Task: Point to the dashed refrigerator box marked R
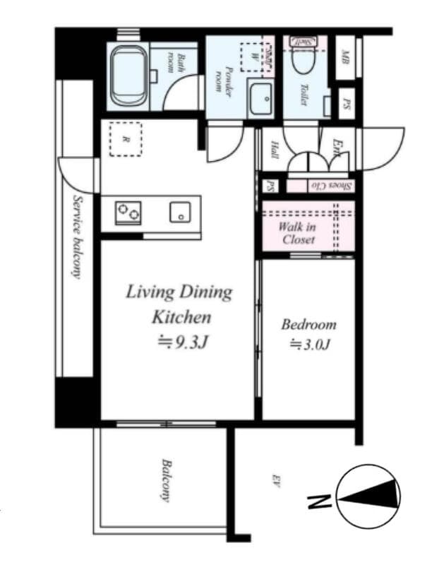coord(125,139)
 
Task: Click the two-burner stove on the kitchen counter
coord(128,212)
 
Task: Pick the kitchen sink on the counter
coord(180,212)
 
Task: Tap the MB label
coord(345,56)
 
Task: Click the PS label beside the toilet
coord(346,104)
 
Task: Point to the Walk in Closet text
coord(298,233)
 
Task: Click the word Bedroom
coord(308,325)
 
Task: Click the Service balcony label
coord(76,237)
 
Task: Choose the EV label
coord(277,483)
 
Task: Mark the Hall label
coord(273,150)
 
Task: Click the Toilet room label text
coord(303,95)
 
